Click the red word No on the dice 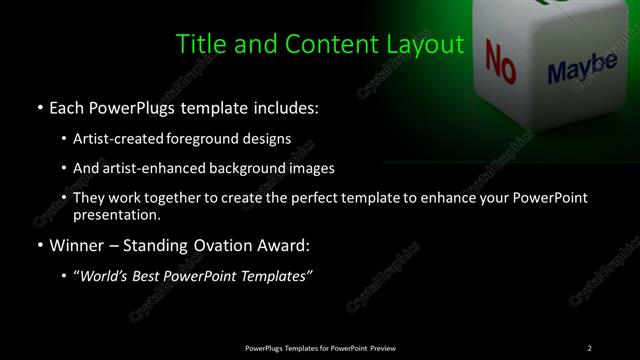click(500, 60)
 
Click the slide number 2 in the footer click(589, 347)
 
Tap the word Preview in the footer click(384, 347)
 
